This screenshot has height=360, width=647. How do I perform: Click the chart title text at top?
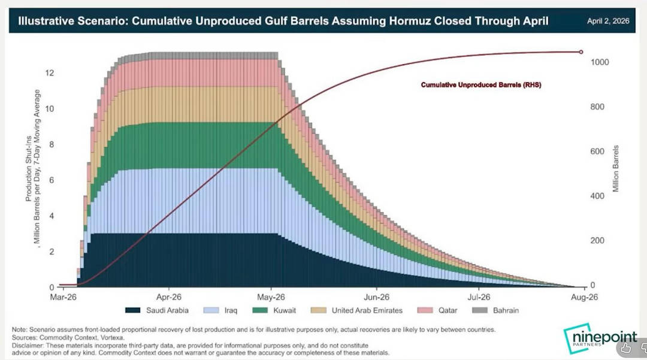(x=283, y=22)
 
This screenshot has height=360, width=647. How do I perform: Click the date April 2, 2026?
(x=609, y=21)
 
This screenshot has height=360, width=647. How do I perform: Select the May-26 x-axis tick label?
(x=272, y=297)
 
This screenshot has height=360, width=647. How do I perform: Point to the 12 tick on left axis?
(x=51, y=73)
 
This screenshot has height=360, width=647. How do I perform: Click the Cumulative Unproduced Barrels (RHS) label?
(x=481, y=85)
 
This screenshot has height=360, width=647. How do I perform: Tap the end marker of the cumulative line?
(x=581, y=52)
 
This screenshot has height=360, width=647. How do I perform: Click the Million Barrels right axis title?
(x=616, y=168)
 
